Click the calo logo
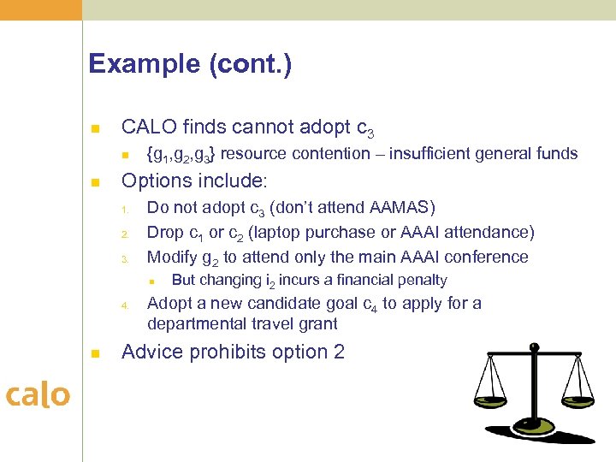point(38,394)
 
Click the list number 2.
point(124,234)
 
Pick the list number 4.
point(124,305)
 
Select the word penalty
point(421,280)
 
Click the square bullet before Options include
point(96,182)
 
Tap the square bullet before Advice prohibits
point(96,352)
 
